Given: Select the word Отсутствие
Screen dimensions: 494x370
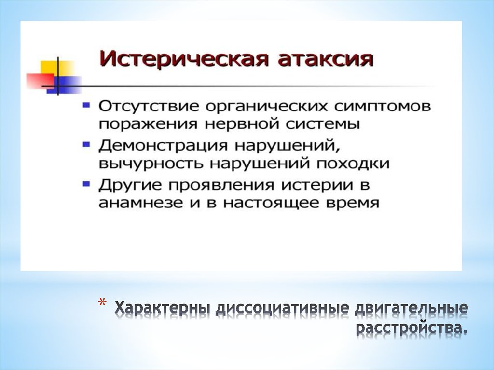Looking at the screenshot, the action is [x=149, y=106].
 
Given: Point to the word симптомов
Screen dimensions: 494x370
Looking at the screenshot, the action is [x=382, y=106].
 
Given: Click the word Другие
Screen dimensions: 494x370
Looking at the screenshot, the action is [x=130, y=186].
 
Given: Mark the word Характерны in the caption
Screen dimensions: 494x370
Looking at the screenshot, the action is [x=162, y=309].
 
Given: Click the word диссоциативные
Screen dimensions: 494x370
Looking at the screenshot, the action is [x=282, y=308].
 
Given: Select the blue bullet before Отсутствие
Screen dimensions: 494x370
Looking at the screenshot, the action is [x=86, y=104].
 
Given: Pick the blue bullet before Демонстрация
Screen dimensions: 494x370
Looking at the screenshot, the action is [x=86, y=144].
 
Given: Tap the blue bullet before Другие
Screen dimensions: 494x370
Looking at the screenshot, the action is [x=86, y=183].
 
